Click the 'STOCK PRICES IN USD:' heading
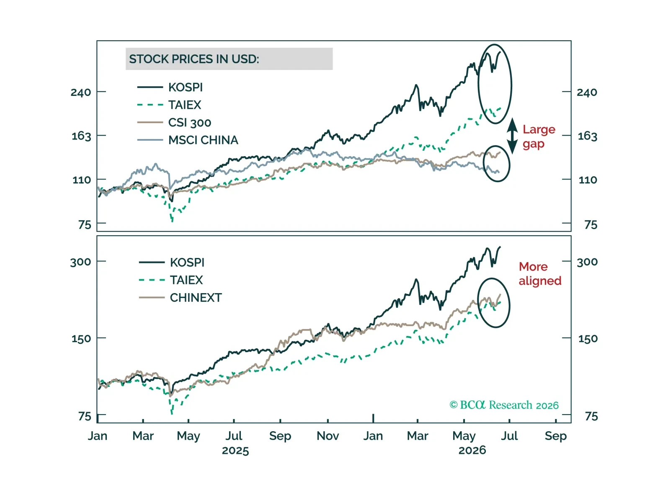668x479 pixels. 194,59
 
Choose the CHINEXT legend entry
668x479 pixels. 181,297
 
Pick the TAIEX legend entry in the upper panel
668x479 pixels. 169,105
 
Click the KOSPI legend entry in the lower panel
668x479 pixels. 172,262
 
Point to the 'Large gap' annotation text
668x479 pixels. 539,136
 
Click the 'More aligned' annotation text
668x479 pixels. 540,274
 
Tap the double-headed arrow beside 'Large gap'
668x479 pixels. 512,136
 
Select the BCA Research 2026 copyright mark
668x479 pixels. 504,405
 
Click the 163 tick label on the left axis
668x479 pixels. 81,136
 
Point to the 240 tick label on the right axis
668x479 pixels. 587,93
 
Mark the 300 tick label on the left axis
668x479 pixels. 80,262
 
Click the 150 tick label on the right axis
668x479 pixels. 588,339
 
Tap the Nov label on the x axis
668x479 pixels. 328,436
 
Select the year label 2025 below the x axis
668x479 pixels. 235,451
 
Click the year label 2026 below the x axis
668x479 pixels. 472,450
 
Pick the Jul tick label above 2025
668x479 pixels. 234,436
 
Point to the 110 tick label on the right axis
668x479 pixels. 588,180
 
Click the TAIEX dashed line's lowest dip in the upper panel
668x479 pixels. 172,221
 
